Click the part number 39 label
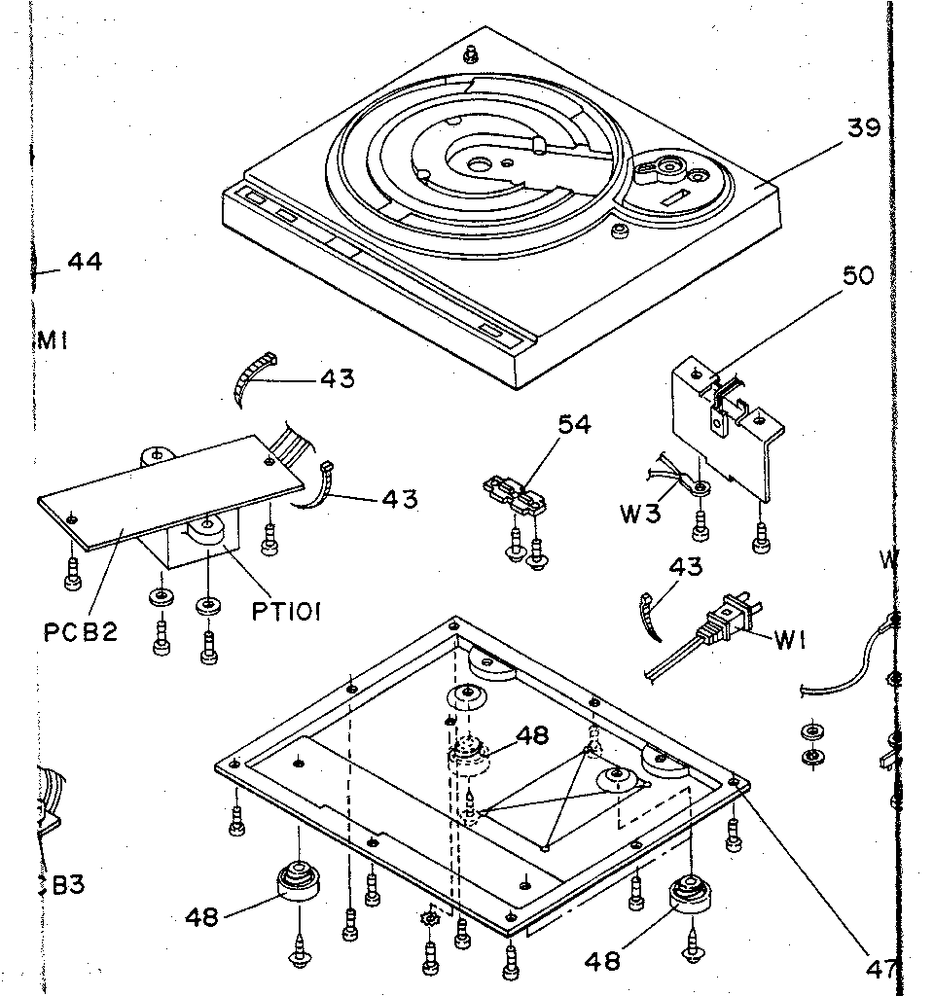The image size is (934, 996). point(863,128)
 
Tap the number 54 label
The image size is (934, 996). point(574,424)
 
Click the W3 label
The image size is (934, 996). point(640,513)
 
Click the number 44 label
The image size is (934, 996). point(85,261)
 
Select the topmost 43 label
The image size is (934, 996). point(337,378)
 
